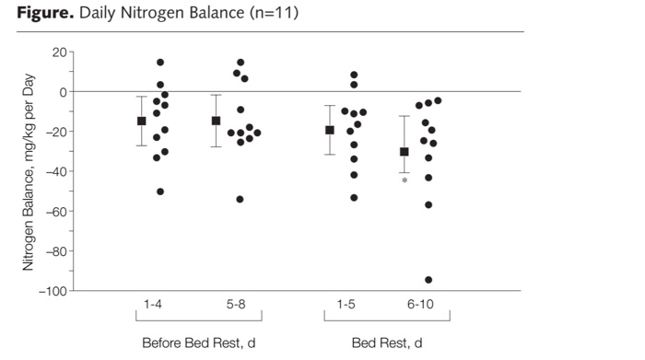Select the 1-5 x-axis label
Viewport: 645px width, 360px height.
coord(346,304)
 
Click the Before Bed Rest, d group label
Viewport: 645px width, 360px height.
coord(198,343)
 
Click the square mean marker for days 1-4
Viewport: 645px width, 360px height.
coord(141,121)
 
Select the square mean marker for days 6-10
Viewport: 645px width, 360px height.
coord(404,151)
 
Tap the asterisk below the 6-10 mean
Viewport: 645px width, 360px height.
coord(405,180)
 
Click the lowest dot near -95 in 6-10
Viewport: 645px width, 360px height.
coord(428,280)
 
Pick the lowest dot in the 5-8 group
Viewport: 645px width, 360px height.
coord(240,199)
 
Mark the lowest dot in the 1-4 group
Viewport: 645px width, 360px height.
coord(160,192)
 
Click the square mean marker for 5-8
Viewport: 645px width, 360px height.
coord(216,121)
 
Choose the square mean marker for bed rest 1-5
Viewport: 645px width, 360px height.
coord(329,130)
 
